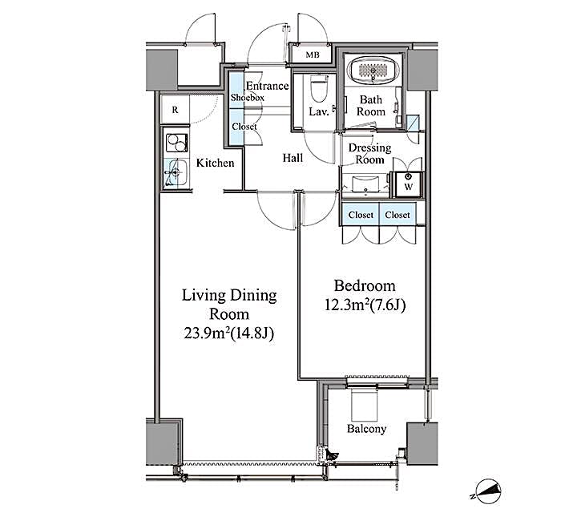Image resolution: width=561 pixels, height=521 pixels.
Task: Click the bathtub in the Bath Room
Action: coord(372,71)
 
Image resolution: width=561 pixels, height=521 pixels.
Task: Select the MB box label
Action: coord(312,55)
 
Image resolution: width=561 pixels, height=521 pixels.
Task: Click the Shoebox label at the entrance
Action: coord(247,97)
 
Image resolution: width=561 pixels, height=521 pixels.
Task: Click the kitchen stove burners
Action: coord(176,143)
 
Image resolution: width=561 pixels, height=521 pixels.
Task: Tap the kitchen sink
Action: coord(176,172)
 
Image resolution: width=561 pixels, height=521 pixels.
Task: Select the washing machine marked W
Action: coord(408,184)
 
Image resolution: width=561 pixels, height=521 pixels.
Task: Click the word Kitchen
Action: coord(216,163)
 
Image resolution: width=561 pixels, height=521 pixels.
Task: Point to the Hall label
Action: coord(293,158)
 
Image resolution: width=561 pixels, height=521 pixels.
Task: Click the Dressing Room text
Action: coord(369,153)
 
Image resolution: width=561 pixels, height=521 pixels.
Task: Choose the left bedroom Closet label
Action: coord(361,215)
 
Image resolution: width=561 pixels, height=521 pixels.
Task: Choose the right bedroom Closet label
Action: coord(398,215)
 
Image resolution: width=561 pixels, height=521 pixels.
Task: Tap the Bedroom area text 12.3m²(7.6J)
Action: coord(365,305)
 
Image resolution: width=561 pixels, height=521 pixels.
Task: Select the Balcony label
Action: coord(366,429)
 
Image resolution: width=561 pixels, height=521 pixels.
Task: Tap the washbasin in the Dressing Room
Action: coord(367,186)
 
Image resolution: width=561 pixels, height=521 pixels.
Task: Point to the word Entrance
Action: coord(267,86)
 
